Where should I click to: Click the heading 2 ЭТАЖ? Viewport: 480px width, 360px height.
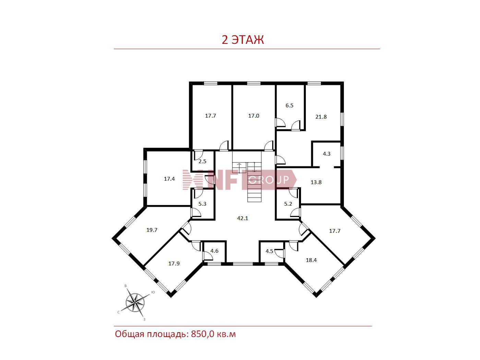pyautogui.click(x=242, y=40)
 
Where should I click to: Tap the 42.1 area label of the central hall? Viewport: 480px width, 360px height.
pyautogui.click(x=242, y=218)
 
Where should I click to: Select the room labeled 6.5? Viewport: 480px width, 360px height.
pyautogui.click(x=289, y=106)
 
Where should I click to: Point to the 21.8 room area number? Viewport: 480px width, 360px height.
pyautogui.click(x=321, y=117)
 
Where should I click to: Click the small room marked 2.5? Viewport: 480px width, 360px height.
pyautogui.click(x=202, y=161)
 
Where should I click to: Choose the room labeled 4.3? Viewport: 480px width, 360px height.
pyautogui.click(x=326, y=154)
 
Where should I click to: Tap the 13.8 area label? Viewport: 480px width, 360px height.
pyautogui.click(x=316, y=182)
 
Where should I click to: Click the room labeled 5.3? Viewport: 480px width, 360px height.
pyautogui.click(x=202, y=204)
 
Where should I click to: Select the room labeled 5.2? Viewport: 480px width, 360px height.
pyautogui.click(x=288, y=204)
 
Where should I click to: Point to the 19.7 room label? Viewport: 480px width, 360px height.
pyautogui.click(x=152, y=230)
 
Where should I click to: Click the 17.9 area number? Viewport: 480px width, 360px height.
pyautogui.click(x=174, y=264)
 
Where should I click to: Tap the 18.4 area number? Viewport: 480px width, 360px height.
pyautogui.click(x=311, y=260)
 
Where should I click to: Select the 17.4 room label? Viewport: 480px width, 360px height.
pyautogui.click(x=169, y=179)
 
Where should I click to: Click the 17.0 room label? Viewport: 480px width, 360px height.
pyautogui.click(x=254, y=116)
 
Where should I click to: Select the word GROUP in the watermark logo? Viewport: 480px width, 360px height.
pyautogui.click(x=269, y=180)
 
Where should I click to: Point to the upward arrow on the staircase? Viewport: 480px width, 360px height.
pyautogui.click(x=239, y=168)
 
